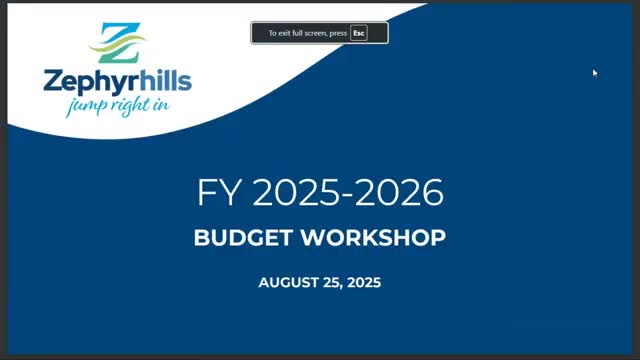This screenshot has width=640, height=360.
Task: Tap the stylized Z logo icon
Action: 118,41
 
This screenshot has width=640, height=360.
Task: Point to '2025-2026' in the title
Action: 348,193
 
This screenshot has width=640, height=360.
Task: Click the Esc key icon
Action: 358,33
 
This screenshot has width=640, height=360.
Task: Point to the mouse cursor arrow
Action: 594,72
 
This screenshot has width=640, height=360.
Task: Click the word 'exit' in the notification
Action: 285,33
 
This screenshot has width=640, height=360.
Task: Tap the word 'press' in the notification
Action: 338,33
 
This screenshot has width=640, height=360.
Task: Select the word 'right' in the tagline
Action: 125,105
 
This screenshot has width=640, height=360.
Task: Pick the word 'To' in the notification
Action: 272,33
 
